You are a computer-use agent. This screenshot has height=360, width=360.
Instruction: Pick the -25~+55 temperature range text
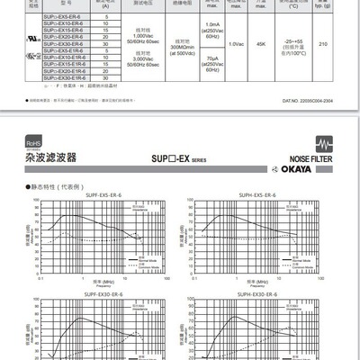pos(298,40)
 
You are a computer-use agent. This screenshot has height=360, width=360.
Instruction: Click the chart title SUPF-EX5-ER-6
pos(103,193)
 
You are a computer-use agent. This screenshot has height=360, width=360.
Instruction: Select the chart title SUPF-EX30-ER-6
pos(103,294)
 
